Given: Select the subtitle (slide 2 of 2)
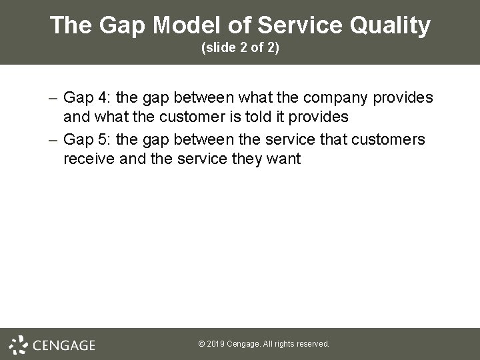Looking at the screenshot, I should point(240,49).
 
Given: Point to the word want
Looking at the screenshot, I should point(283,160).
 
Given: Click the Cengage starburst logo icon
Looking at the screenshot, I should point(19,344).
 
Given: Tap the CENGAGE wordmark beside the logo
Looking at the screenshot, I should point(64,345).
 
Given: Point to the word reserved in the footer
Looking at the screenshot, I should point(313,344).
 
